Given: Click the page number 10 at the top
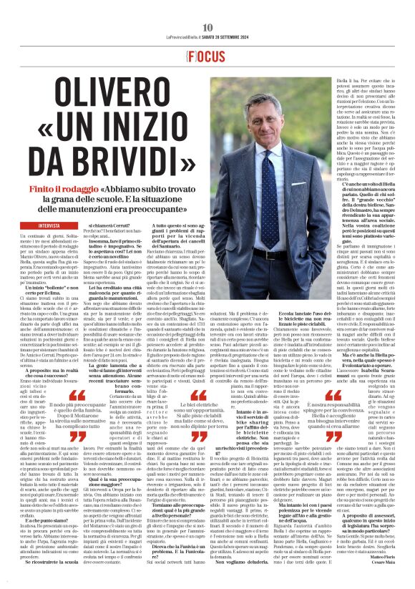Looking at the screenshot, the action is (207, 8).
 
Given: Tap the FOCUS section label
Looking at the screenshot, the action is (207, 34).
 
